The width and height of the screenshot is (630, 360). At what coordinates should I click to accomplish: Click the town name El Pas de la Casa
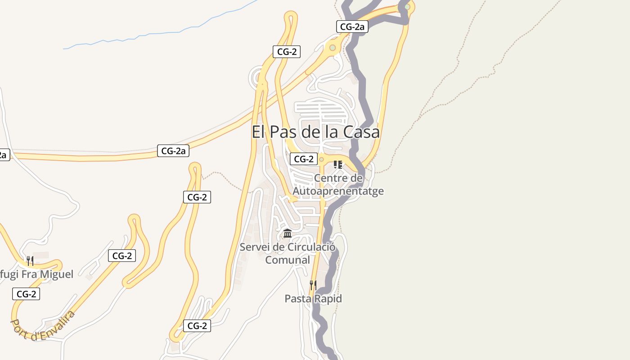coord(315,132)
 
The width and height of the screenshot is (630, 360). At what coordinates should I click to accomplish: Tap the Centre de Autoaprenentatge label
coord(338,184)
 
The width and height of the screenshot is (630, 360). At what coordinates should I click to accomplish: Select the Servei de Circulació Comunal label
coord(288,253)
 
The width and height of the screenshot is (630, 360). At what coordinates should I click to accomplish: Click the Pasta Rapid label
coord(313,299)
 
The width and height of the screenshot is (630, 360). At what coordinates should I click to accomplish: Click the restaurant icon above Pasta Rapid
coord(313,285)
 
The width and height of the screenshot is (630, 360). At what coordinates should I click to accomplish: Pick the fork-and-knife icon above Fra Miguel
coord(30,261)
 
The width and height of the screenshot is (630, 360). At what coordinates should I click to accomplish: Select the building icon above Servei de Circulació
coord(288,234)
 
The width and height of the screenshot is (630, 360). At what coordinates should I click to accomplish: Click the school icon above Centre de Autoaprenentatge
coord(338,165)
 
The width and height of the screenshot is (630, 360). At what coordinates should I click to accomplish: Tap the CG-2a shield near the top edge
coord(352,27)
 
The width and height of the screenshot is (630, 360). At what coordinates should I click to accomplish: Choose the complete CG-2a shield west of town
coord(173,151)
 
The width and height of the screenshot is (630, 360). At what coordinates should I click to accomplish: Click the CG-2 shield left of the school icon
coord(304,159)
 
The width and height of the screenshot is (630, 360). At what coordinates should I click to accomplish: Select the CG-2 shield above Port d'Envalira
coord(26,294)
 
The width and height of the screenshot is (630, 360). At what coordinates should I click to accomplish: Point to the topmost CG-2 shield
coord(287,51)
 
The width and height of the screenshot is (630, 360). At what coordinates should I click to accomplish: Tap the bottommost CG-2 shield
coord(197,326)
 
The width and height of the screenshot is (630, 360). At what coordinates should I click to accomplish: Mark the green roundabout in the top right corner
coord(407,7)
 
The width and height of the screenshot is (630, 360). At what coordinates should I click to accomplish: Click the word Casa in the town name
coord(361,132)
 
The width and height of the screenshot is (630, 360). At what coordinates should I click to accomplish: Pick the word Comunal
coord(288,260)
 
